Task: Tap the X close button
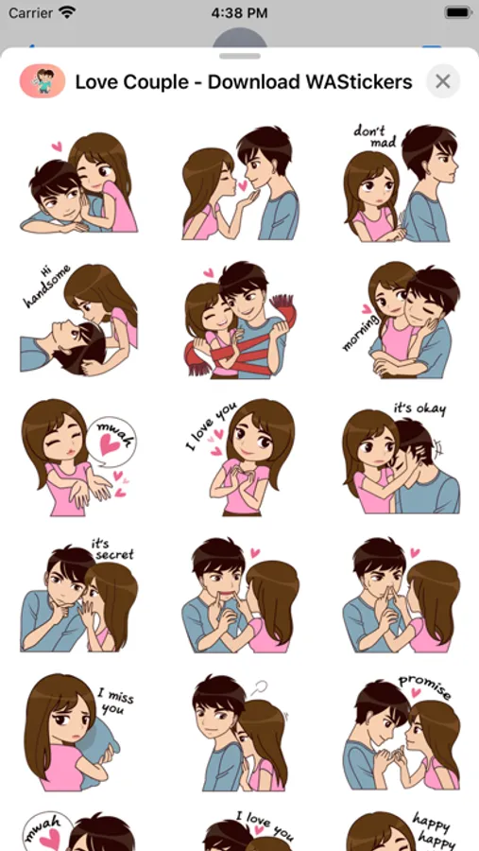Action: [x=443, y=81]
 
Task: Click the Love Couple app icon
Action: [x=43, y=81]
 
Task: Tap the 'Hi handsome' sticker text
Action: [x=48, y=286]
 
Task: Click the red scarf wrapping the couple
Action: [x=239, y=347]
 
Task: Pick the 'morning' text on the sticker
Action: [x=361, y=332]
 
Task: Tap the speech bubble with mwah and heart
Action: [x=111, y=442]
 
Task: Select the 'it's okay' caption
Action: [x=419, y=408]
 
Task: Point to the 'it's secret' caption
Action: [x=111, y=549]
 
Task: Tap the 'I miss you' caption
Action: [x=114, y=702]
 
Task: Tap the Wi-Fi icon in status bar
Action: [x=67, y=12]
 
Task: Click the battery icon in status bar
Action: [x=457, y=12]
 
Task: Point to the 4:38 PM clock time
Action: [x=239, y=13]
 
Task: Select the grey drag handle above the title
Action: [x=239, y=56]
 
